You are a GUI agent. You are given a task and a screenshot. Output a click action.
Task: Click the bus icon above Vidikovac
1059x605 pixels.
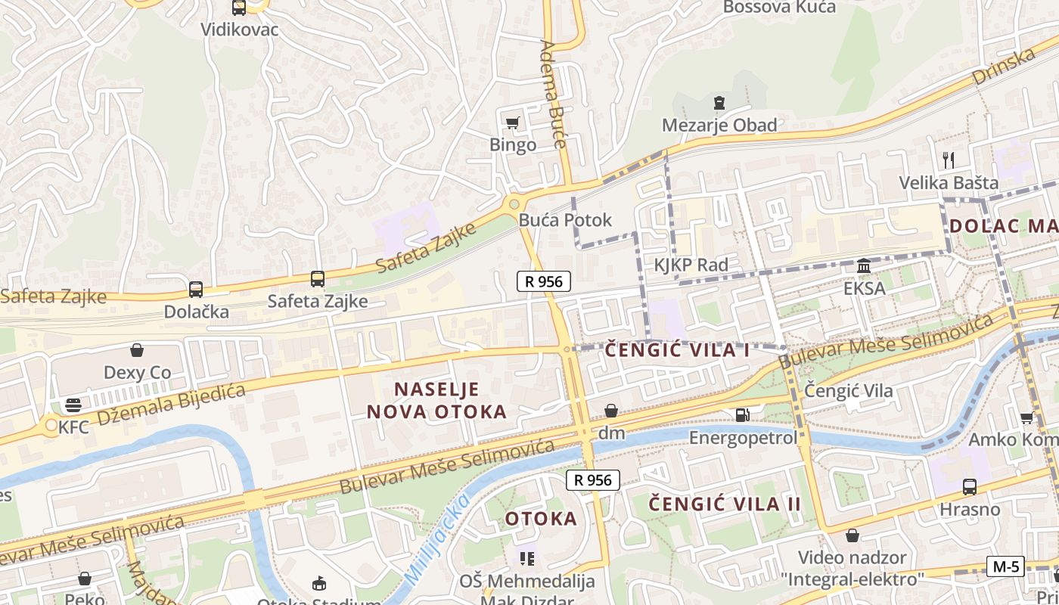pyautogui.click(x=239, y=8)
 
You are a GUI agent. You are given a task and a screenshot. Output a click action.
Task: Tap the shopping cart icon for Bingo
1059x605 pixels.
pyautogui.click(x=513, y=123)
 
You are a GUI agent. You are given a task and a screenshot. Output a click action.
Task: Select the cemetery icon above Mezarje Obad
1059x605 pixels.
pyautogui.click(x=719, y=103)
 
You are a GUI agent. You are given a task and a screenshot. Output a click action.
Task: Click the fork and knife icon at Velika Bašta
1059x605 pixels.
pyautogui.click(x=949, y=160)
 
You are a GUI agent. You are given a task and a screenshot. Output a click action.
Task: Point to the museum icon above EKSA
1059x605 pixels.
pyautogui.click(x=864, y=266)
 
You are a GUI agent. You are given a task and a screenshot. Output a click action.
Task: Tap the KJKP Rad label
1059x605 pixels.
pyautogui.click(x=691, y=265)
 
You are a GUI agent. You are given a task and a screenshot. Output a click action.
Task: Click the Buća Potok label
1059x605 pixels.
pyautogui.click(x=565, y=220)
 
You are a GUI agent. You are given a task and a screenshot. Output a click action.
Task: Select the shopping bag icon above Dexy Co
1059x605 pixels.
pyautogui.click(x=137, y=350)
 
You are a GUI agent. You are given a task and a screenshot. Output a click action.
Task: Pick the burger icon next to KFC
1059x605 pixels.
pyautogui.click(x=73, y=405)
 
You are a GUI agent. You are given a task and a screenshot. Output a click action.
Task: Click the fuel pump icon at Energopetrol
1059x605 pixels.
pyautogui.click(x=743, y=414)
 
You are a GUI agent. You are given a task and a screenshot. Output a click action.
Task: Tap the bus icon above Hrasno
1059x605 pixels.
pyautogui.click(x=970, y=487)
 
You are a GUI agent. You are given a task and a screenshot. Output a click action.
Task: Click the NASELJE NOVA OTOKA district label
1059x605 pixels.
pyautogui.click(x=436, y=401)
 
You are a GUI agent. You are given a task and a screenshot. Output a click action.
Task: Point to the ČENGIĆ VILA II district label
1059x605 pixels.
pyautogui.click(x=725, y=504)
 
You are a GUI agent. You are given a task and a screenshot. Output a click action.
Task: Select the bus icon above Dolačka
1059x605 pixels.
pyautogui.click(x=195, y=289)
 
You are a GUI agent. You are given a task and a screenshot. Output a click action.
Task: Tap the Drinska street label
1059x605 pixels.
pyautogui.click(x=1004, y=67)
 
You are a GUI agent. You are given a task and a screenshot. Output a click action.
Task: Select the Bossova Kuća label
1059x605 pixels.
pyautogui.click(x=779, y=8)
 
